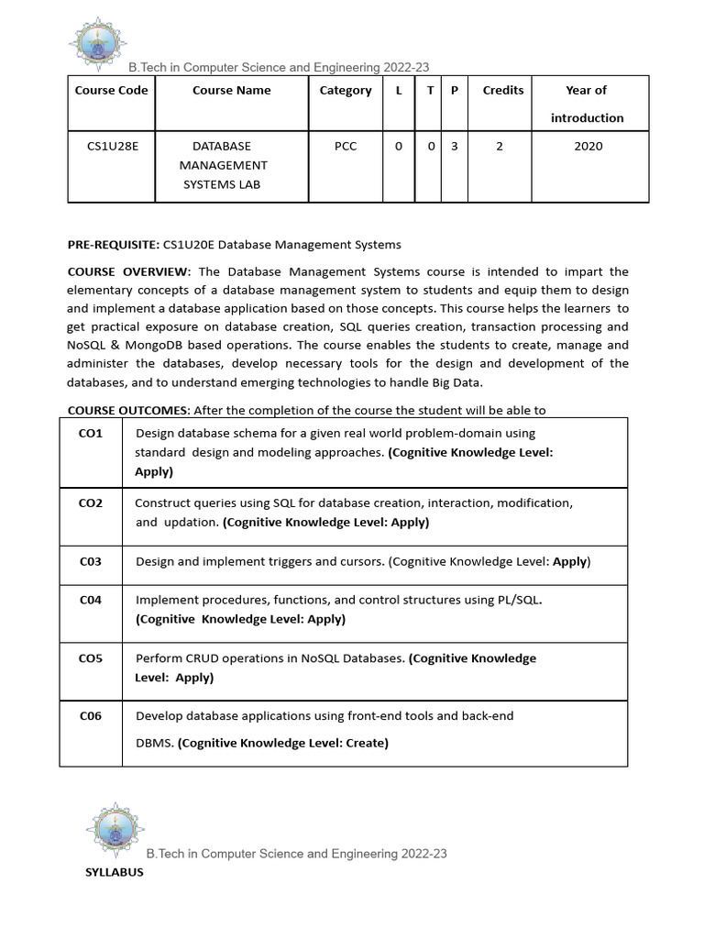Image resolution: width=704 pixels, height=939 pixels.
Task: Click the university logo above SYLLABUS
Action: tap(115, 829)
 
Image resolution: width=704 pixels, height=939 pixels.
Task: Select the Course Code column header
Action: tap(111, 90)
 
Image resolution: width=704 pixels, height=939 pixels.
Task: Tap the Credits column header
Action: tap(503, 90)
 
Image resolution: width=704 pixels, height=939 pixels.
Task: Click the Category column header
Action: tap(346, 90)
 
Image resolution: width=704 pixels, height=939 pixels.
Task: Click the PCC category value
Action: tap(346, 146)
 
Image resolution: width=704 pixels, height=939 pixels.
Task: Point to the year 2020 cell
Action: tap(588, 146)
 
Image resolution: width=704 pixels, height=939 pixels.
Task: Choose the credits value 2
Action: tap(500, 146)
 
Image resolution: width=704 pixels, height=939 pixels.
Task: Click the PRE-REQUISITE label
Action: tap(114, 245)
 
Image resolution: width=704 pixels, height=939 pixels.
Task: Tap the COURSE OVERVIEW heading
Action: tap(129, 271)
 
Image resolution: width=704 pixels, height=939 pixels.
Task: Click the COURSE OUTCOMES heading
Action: tap(129, 410)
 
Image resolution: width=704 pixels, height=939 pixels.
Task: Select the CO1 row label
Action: tap(91, 433)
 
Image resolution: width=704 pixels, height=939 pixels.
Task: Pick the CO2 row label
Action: tap(91, 503)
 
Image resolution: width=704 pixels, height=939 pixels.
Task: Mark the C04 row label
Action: tap(91, 600)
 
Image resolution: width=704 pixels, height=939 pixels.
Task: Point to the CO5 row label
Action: tap(91, 657)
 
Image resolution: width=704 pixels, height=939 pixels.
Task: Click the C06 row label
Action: tap(91, 716)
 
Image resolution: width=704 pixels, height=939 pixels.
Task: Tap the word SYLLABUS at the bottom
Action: tap(115, 872)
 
